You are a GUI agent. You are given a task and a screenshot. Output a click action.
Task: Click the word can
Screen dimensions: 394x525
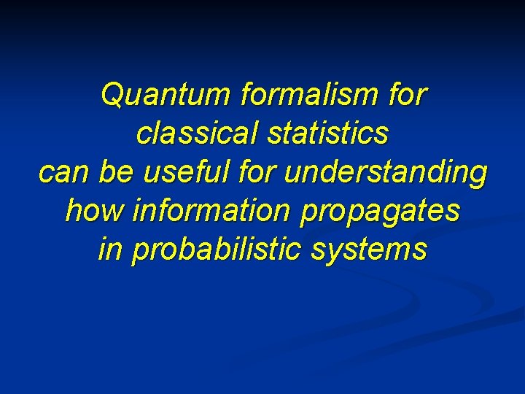pyautogui.click(x=61, y=174)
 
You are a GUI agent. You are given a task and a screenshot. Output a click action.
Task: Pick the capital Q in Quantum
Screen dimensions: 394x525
pyautogui.click(x=112, y=96)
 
